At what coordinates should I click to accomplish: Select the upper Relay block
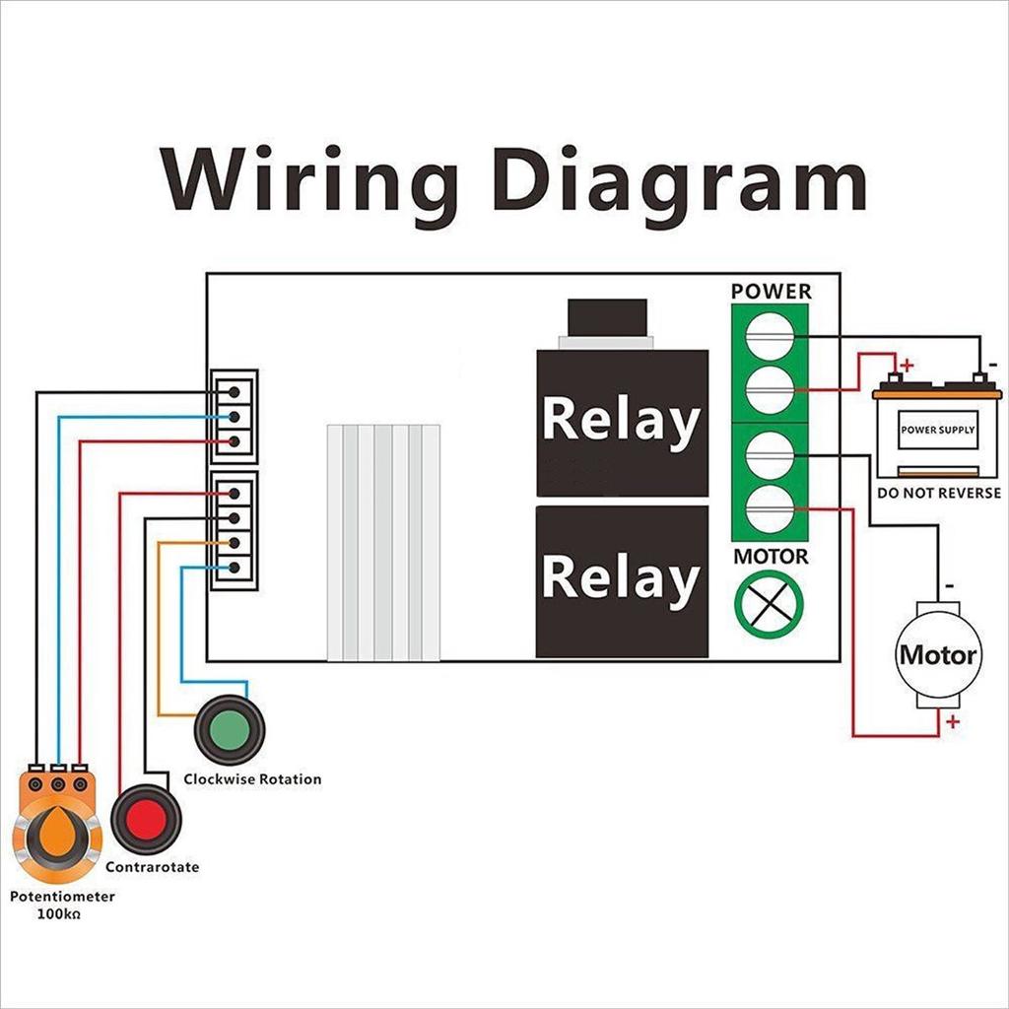click(x=622, y=422)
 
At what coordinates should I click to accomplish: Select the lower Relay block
click(x=622, y=579)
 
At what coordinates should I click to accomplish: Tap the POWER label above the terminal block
click(x=772, y=292)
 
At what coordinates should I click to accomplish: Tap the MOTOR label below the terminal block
click(x=771, y=557)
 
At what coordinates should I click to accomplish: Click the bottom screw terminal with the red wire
click(x=771, y=508)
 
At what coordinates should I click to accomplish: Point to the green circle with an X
click(x=770, y=603)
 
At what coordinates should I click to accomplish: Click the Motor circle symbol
click(x=937, y=655)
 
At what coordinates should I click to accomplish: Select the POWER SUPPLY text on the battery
click(x=937, y=431)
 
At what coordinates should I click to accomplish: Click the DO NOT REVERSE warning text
click(x=938, y=493)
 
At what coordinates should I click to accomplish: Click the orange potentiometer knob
click(x=57, y=833)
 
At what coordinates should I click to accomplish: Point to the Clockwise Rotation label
click(x=252, y=779)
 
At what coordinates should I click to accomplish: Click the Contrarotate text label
click(x=152, y=867)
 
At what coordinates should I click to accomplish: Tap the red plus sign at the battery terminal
click(x=907, y=365)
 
